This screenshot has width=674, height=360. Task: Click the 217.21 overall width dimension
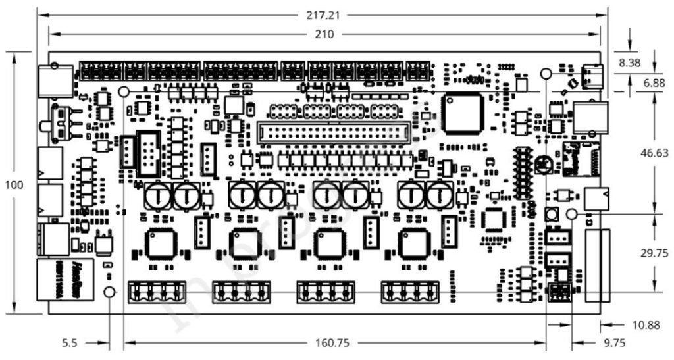pos(326,13)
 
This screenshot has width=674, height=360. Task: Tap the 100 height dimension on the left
pos(14,185)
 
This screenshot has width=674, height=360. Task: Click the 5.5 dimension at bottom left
pos(70,343)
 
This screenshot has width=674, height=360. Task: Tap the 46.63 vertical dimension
pos(654,153)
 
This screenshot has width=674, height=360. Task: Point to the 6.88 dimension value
pos(654,83)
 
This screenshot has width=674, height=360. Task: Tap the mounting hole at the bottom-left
pos(110,292)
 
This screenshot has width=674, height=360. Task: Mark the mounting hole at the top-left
pos(123,91)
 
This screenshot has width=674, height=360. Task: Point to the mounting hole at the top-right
pos(546,73)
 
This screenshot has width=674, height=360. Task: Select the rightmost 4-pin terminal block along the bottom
pos(410,291)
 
